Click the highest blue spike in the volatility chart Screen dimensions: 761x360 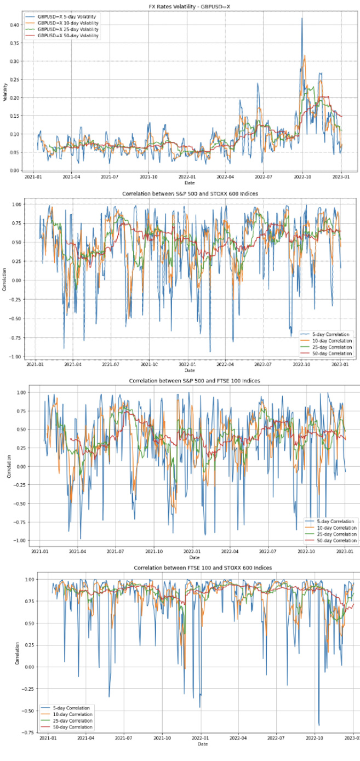[301, 19]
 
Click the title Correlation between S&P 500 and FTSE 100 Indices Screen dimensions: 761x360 [194, 381]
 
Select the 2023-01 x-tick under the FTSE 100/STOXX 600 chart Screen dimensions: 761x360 [352, 738]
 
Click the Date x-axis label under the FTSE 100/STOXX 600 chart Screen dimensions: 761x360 [203, 744]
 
